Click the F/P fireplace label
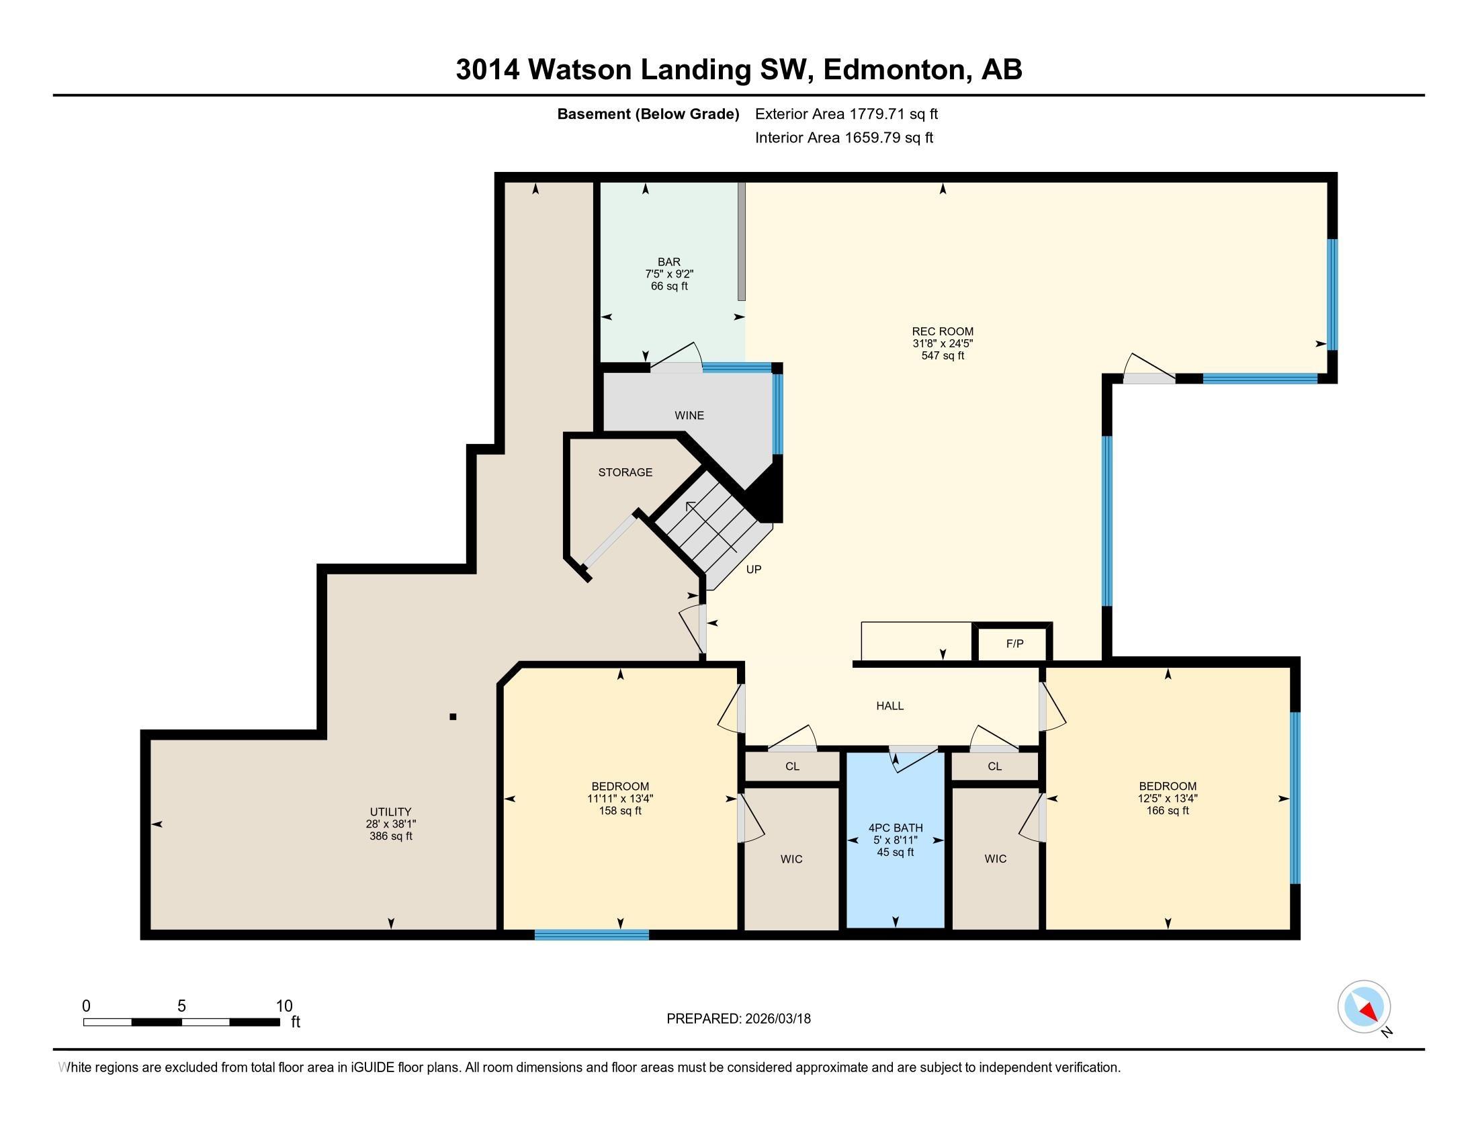pyautogui.click(x=1014, y=644)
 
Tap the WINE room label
pyautogui.click(x=689, y=415)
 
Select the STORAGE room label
pyautogui.click(x=625, y=472)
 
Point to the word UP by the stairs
pyautogui.click(x=754, y=570)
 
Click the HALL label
pyautogui.click(x=890, y=705)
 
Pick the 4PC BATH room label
pyautogui.click(x=896, y=828)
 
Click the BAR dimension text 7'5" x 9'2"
pyautogui.click(x=669, y=274)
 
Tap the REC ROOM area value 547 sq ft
pyautogui.click(x=943, y=355)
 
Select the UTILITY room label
pyautogui.click(x=390, y=812)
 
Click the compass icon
pyautogui.click(x=1364, y=1007)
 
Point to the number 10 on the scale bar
pyautogui.click(x=284, y=1006)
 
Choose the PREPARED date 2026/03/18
pyautogui.click(x=777, y=1019)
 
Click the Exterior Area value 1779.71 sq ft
pyautogui.click(x=894, y=114)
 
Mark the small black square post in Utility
pyautogui.click(x=453, y=717)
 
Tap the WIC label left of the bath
pyautogui.click(x=791, y=859)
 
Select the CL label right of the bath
pyautogui.click(x=994, y=766)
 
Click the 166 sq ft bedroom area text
pyautogui.click(x=1168, y=811)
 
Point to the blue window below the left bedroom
pyautogui.click(x=591, y=935)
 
